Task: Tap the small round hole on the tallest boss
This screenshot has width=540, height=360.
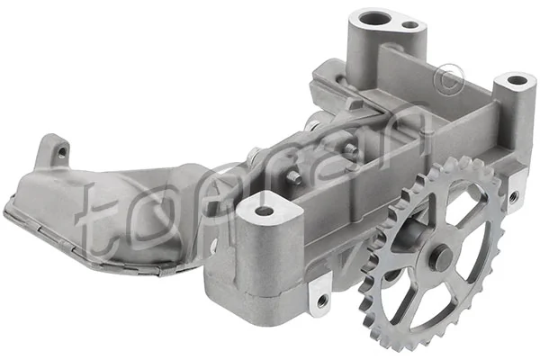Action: pos(409,25)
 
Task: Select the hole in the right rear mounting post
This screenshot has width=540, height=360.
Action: pos(516,80)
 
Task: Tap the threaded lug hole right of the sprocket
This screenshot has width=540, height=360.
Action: pos(514,196)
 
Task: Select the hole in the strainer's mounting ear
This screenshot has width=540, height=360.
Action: pos(61,152)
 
